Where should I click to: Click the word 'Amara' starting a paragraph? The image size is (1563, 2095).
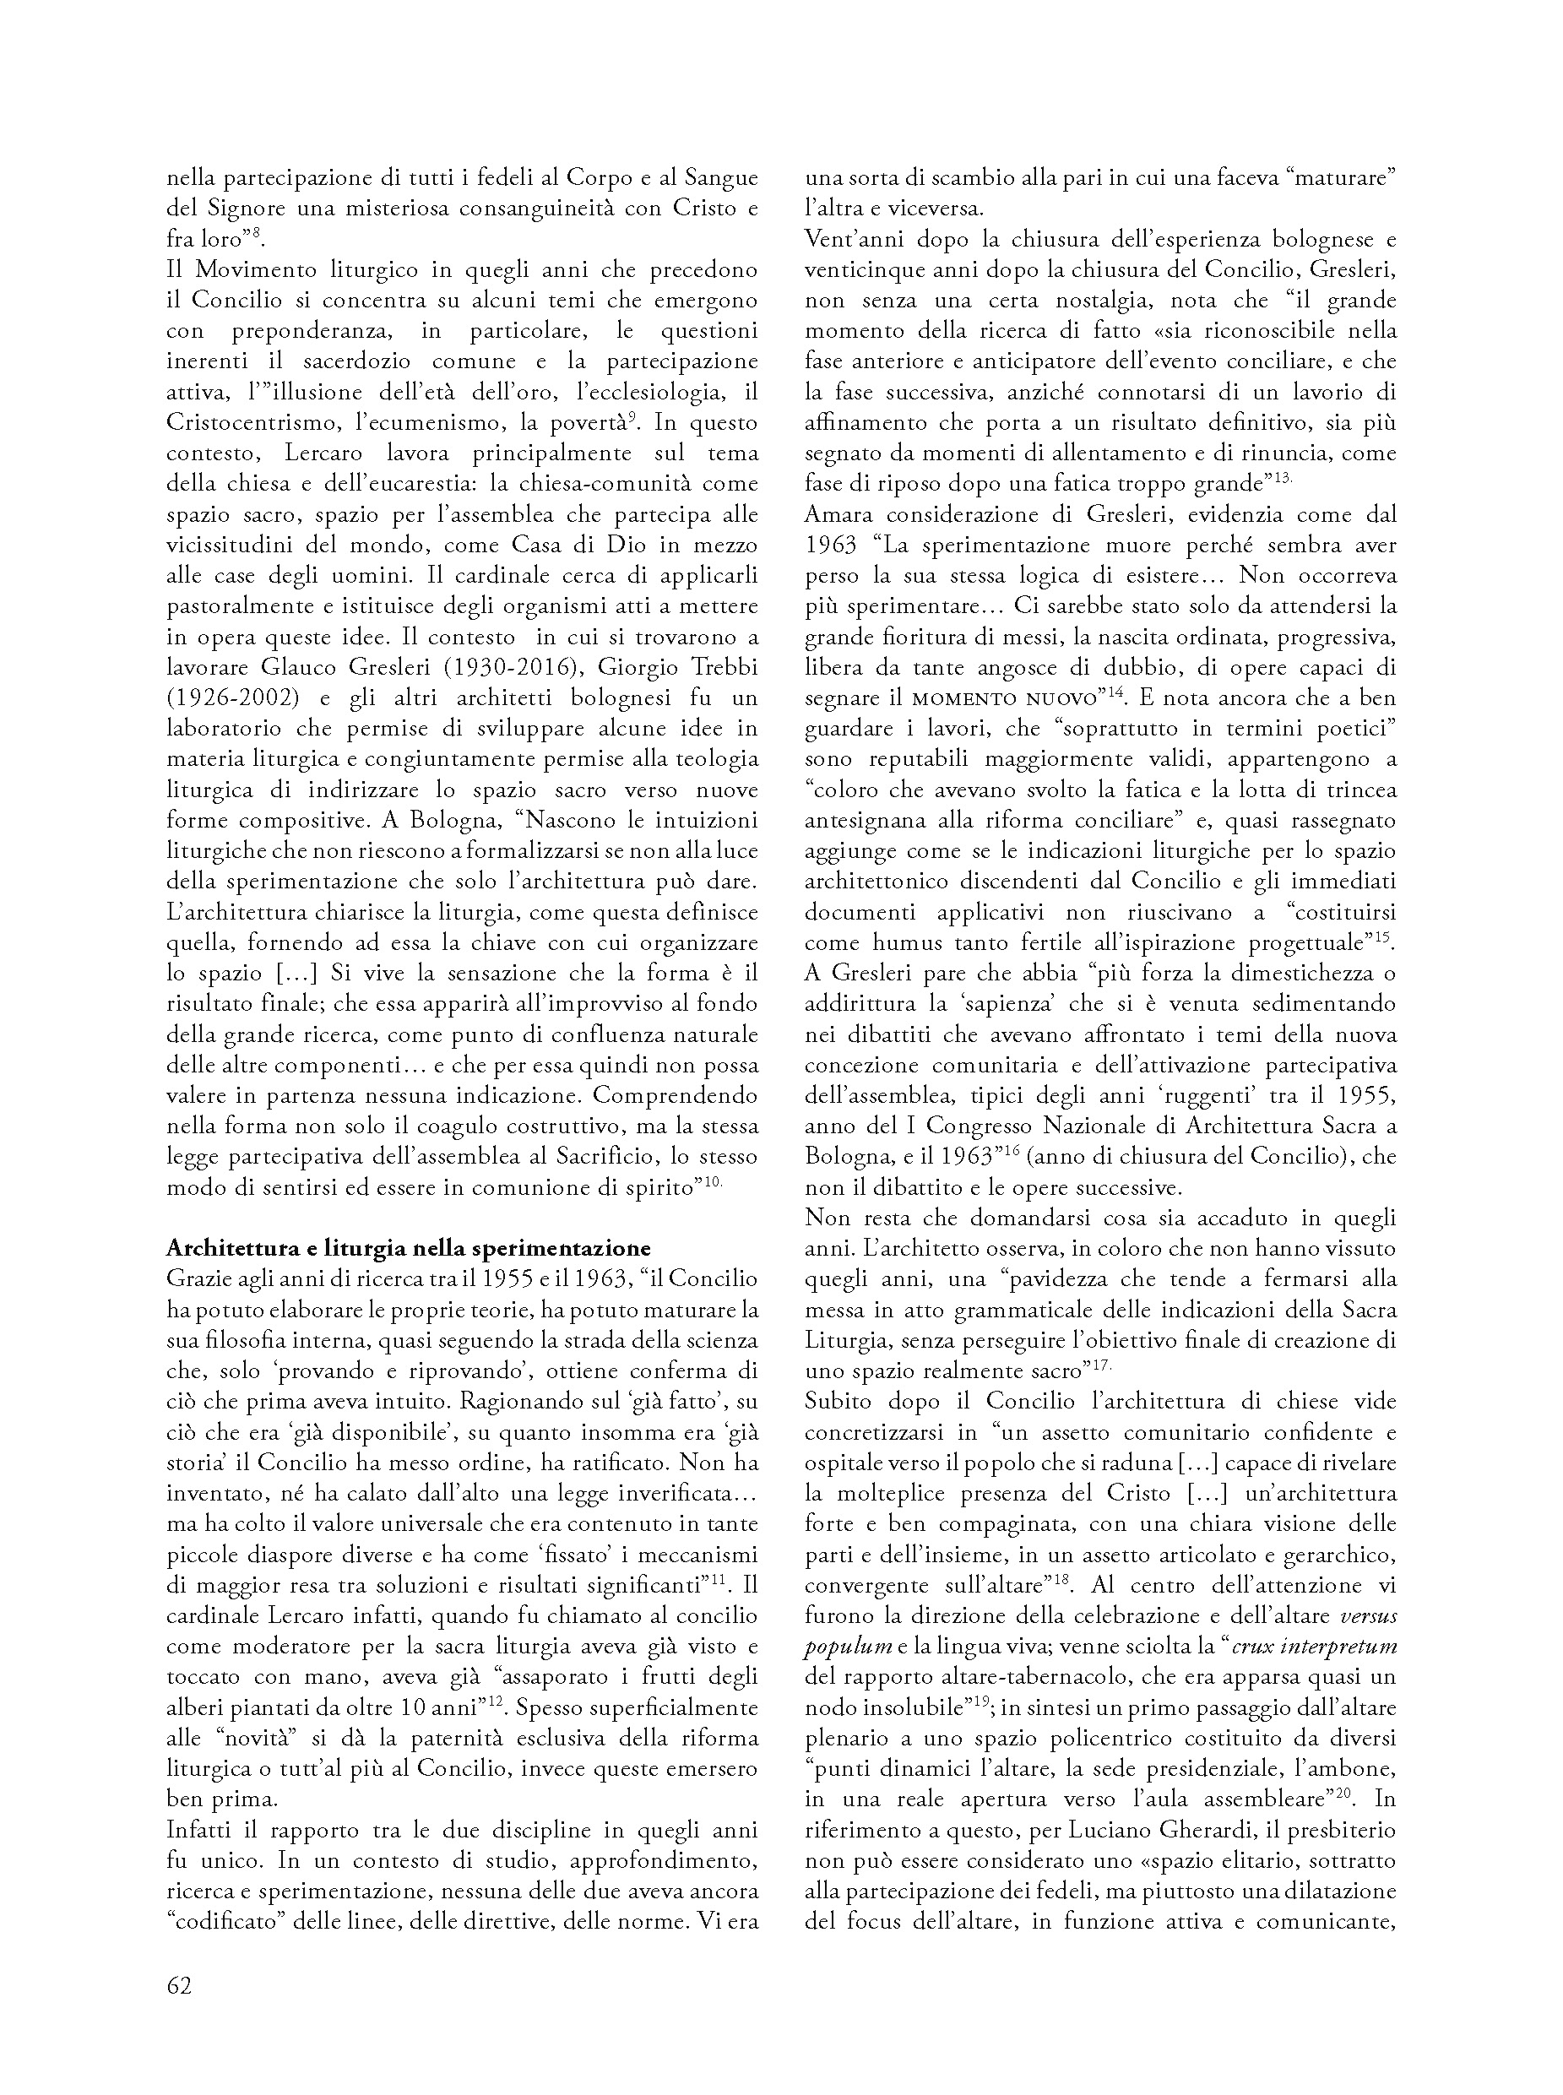click(x=842, y=513)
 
